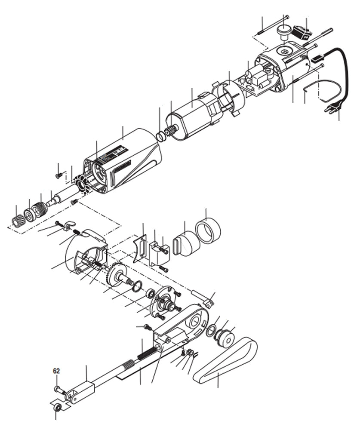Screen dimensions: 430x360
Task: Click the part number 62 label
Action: coord(56,369)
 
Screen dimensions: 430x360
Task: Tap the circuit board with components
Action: coord(254,82)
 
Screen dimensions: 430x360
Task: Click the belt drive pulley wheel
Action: coord(224,337)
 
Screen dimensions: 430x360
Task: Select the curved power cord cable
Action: coord(339,73)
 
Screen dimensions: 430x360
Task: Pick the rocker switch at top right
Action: coord(305,31)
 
